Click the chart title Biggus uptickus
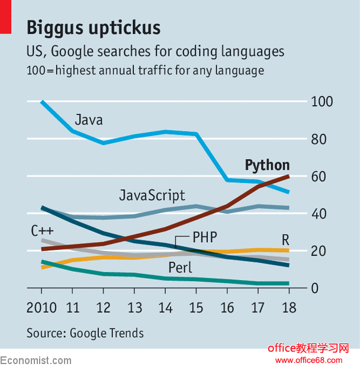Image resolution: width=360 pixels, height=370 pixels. point(94,27)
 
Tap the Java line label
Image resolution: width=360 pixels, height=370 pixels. point(88,120)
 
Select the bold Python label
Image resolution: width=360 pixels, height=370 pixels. point(267,165)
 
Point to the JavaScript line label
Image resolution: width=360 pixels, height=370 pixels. point(152,195)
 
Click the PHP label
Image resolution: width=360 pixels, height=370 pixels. point(204,238)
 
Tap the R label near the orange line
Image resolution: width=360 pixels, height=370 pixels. point(285,240)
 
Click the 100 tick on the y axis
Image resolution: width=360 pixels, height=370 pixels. point(322,102)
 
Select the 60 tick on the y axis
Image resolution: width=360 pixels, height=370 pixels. point(319,176)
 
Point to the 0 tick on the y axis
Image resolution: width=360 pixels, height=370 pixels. point(315,288)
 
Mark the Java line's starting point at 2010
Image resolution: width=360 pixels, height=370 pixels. point(42,102)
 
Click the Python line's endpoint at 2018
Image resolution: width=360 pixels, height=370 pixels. point(288,176)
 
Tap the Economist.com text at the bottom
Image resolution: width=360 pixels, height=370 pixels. point(36,361)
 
